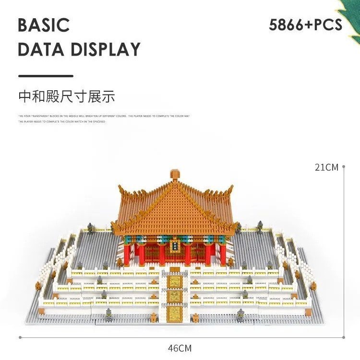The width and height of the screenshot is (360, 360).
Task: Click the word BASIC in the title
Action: pos(44,25)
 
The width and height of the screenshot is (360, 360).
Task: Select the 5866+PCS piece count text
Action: pos(306,24)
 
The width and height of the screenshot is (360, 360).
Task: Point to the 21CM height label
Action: pos(326,168)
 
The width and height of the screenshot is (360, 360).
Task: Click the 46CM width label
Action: pos(180,348)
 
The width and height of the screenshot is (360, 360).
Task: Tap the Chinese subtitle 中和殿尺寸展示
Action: pos(67,96)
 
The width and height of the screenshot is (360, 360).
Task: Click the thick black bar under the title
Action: pos(46,76)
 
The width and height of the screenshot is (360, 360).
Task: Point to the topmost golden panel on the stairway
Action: pos(175,282)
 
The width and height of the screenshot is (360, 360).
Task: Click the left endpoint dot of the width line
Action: pos(20,337)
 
